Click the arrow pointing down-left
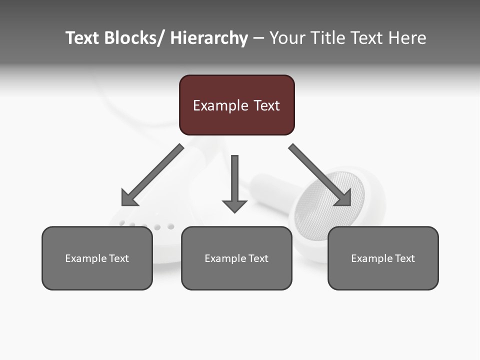(152, 175)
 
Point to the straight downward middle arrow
(234, 182)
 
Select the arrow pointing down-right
(320, 175)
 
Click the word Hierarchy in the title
(209, 38)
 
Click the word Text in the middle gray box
(256, 258)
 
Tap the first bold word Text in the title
(82, 38)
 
